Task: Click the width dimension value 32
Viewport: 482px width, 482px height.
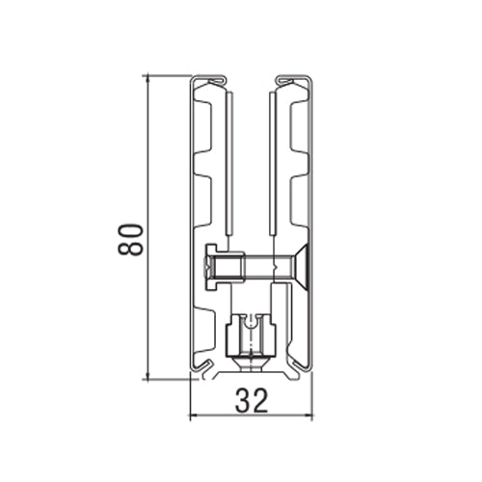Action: tap(253, 400)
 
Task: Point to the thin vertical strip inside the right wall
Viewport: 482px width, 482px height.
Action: tap(274, 164)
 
